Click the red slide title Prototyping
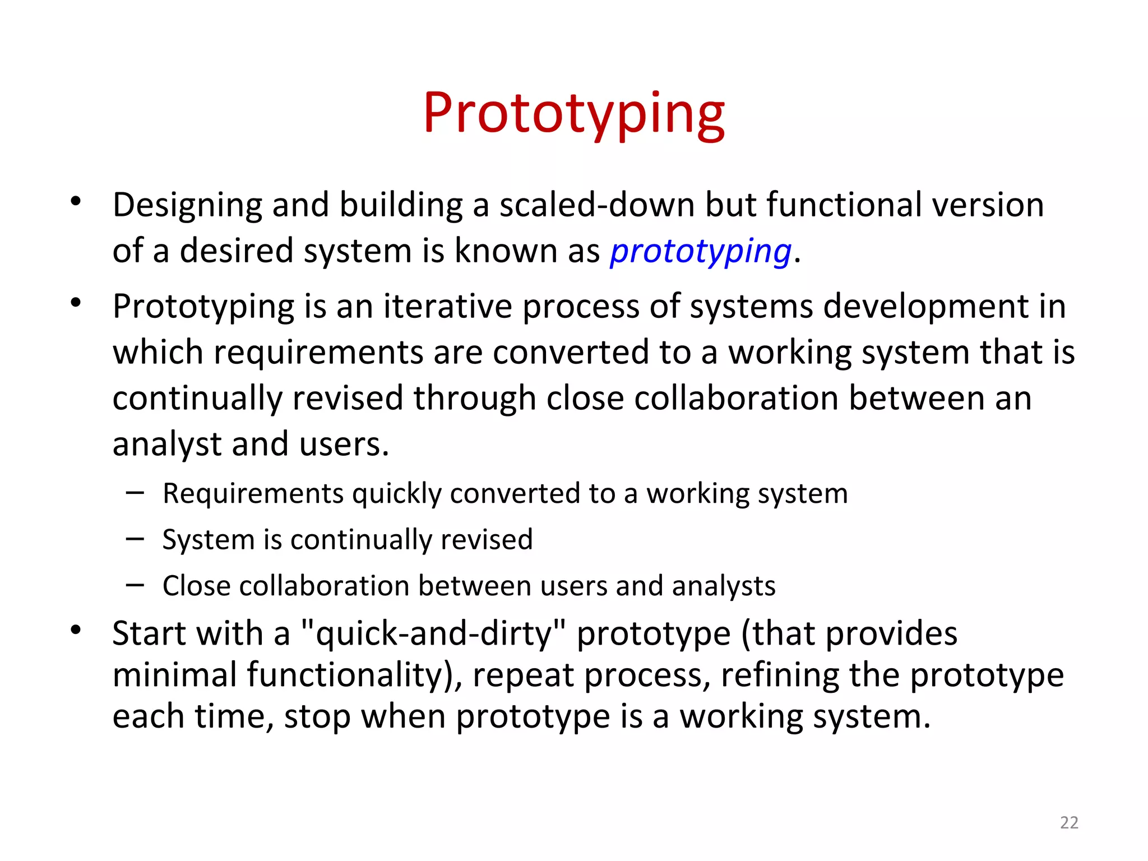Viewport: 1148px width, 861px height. pos(573,114)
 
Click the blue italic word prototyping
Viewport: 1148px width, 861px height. pos(701,251)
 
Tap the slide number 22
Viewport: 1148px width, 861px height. pos(1069,822)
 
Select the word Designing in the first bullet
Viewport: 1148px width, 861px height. pos(187,205)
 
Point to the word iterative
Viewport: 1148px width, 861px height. pos(447,307)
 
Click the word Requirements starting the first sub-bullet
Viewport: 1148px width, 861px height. pos(253,494)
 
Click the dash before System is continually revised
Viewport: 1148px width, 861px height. pos(135,539)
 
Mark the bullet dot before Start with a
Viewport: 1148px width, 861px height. pos(76,629)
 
